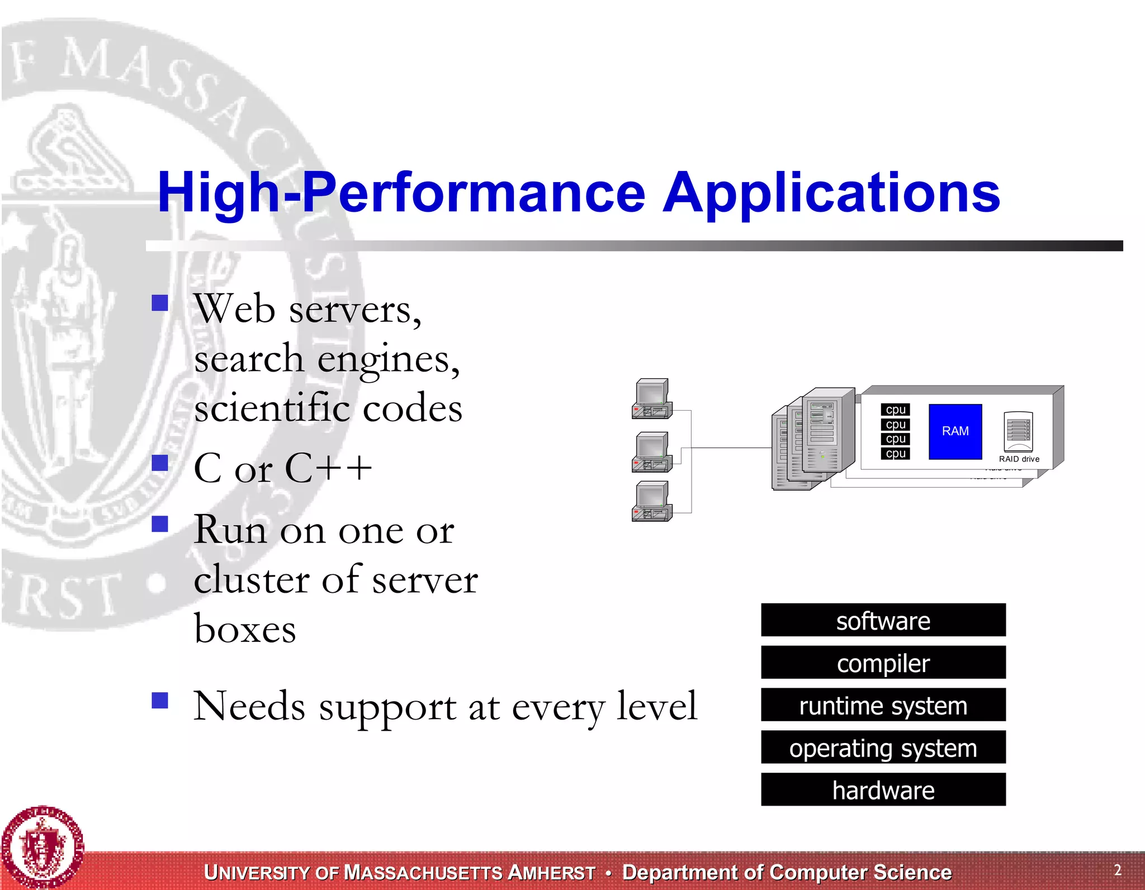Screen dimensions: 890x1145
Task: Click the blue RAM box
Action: (955, 431)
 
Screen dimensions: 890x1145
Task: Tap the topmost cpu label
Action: (895, 410)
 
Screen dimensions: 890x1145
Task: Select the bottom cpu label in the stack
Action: (895, 454)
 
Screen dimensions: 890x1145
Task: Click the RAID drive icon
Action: (1018, 431)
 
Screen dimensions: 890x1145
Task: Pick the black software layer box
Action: (883, 620)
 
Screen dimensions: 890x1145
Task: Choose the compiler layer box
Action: (883, 663)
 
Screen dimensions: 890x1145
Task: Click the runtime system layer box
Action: (883, 705)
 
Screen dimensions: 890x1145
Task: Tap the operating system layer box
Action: (883, 748)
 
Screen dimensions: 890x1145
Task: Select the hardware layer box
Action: (883, 789)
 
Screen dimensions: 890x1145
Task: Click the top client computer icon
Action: (652, 398)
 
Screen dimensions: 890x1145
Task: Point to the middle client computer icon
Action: (652, 451)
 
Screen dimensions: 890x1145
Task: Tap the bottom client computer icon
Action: (652, 501)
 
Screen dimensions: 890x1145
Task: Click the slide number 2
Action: (1117, 870)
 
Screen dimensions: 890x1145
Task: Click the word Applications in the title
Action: (831, 193)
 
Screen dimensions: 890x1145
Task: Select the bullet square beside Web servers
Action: (160, 303)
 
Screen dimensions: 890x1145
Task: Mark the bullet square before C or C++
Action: (160, 463)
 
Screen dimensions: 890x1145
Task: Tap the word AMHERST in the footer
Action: (551, 873)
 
